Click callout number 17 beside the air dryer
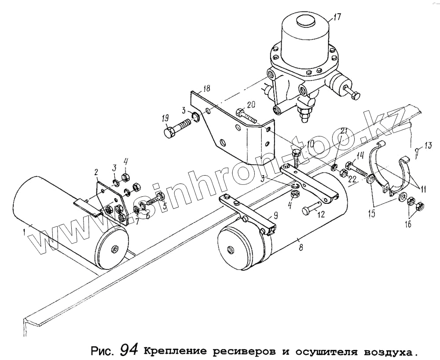tap(337, 18)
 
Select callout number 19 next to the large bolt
tap(165, 119)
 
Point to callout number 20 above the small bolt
tap(251, 104)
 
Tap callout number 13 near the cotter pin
tap(428, 146)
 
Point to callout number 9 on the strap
tap(275, 216)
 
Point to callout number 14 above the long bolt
tap(360, 154)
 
